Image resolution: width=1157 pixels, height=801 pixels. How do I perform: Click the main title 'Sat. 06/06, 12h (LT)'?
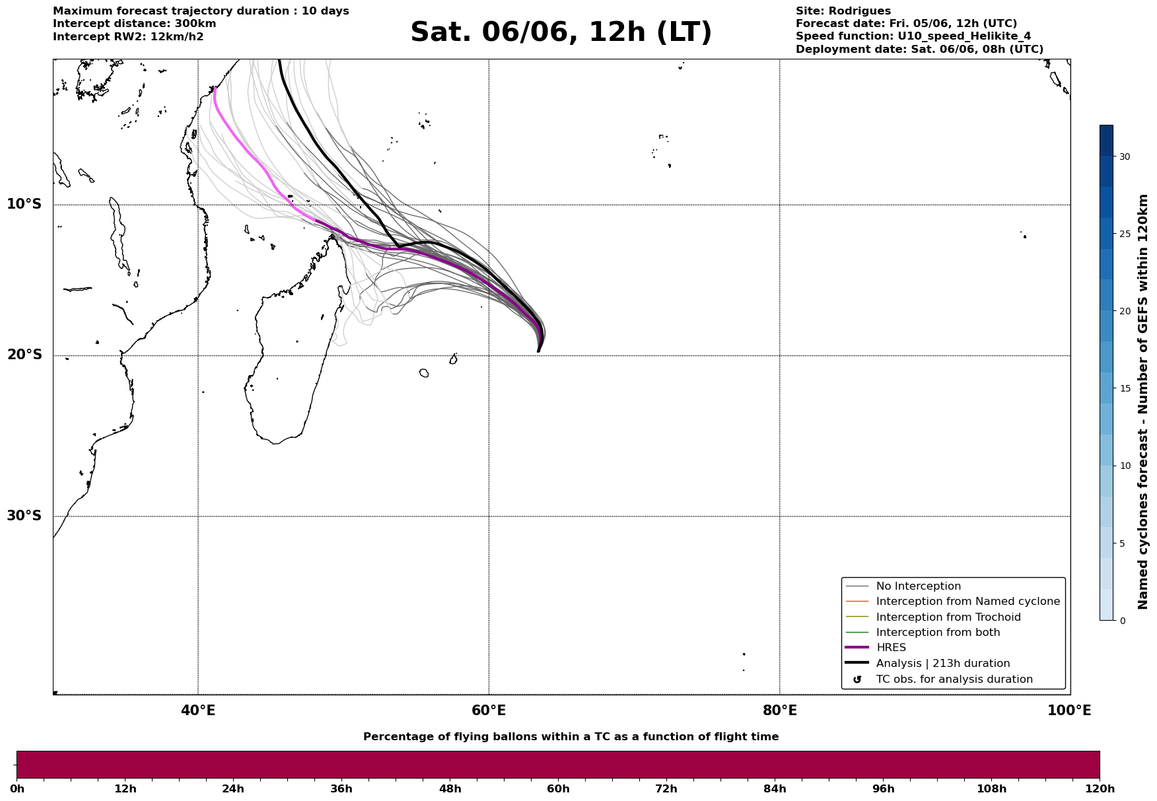(x=561, y=32)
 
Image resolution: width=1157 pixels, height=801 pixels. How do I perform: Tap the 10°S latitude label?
(x=24, y=204)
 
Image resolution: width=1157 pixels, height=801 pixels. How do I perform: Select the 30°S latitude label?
(x=24, y=516)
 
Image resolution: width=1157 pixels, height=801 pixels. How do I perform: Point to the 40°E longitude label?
(x=198, y=711)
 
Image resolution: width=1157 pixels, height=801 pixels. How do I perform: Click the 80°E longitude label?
(x=780, y=711)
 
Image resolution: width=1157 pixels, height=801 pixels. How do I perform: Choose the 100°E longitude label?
(x=1069, y=711)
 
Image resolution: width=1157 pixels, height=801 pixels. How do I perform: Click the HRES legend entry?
(x=891, y=648)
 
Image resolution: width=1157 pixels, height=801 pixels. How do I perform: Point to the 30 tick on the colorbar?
(x=1124, y=157)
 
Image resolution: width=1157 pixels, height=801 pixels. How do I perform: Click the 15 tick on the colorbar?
(x=1124, y=389)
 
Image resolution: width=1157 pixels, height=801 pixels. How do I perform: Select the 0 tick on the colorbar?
(x=1122, y=621)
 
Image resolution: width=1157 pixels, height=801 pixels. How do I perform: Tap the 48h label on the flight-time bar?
(x=450, y=789)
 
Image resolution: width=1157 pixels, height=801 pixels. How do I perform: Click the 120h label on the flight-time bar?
(x=1100, y=789)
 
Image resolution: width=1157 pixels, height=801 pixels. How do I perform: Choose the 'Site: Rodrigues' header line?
(x=843, y=11)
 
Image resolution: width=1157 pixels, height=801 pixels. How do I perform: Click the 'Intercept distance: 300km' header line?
(x=135, y=24)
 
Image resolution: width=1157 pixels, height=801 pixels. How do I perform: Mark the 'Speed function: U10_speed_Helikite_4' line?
(x=913, y=37)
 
